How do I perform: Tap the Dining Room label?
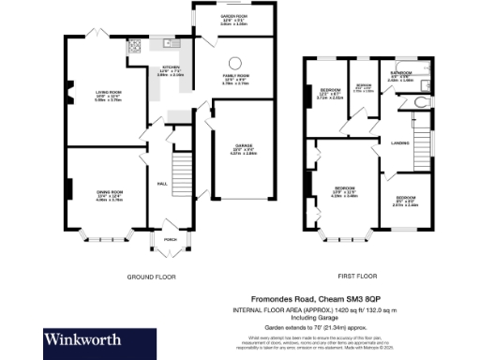[111, 195]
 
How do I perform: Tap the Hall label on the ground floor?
[161, 184]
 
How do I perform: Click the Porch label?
[170, 239]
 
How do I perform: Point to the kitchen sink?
[171, 42]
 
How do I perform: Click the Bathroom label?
[402, 75]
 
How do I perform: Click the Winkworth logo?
[80, 339]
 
